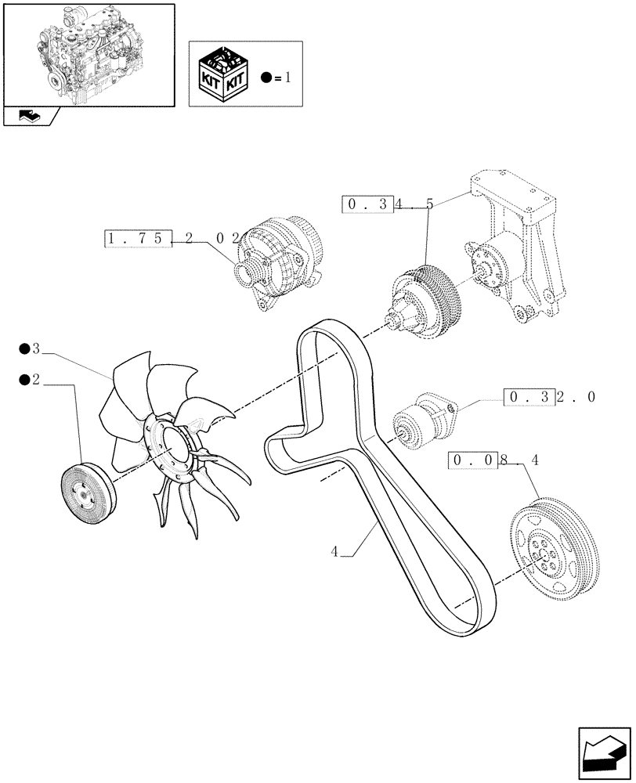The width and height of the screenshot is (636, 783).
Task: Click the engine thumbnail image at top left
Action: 88,52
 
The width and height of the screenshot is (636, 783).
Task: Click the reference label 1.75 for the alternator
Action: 137,238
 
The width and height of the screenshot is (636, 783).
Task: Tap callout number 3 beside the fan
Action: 35,348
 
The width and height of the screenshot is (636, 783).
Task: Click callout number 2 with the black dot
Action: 35,380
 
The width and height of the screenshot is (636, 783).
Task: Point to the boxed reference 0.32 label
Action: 529,397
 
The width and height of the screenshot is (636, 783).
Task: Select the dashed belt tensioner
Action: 428,421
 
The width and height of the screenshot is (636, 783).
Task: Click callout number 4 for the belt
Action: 334,551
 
